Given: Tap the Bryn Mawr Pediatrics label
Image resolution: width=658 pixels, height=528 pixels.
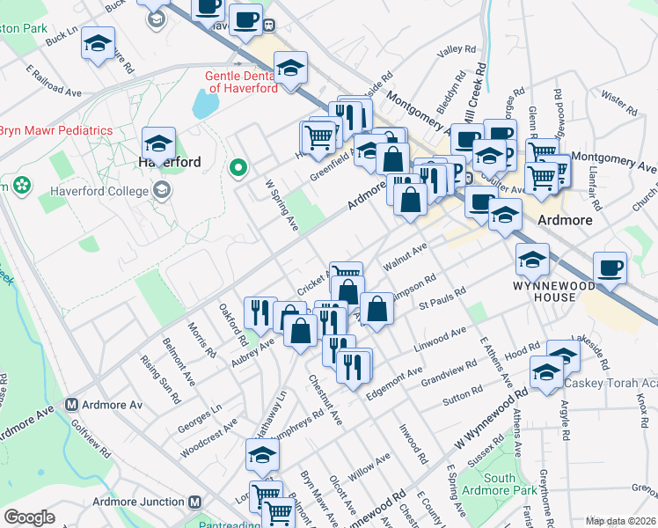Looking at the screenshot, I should click(x=56, y=130).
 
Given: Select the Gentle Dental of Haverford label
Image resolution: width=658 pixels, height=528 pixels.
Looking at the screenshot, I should click(x=242, y=82).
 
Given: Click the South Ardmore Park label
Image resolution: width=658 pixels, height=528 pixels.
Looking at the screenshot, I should click(x=499, y=484).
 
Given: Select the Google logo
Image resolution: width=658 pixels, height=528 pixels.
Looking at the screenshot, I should click(x=29, y=517).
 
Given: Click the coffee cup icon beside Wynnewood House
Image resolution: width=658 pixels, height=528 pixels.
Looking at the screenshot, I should click(x=610, y=268).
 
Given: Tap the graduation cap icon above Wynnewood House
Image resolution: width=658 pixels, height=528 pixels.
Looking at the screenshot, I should click(x=533, y=259).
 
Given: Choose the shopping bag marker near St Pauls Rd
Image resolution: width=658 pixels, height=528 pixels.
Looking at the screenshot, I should click(x=377, y=309).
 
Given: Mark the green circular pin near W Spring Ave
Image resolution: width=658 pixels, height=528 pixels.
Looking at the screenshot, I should click(x=237, y=167).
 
